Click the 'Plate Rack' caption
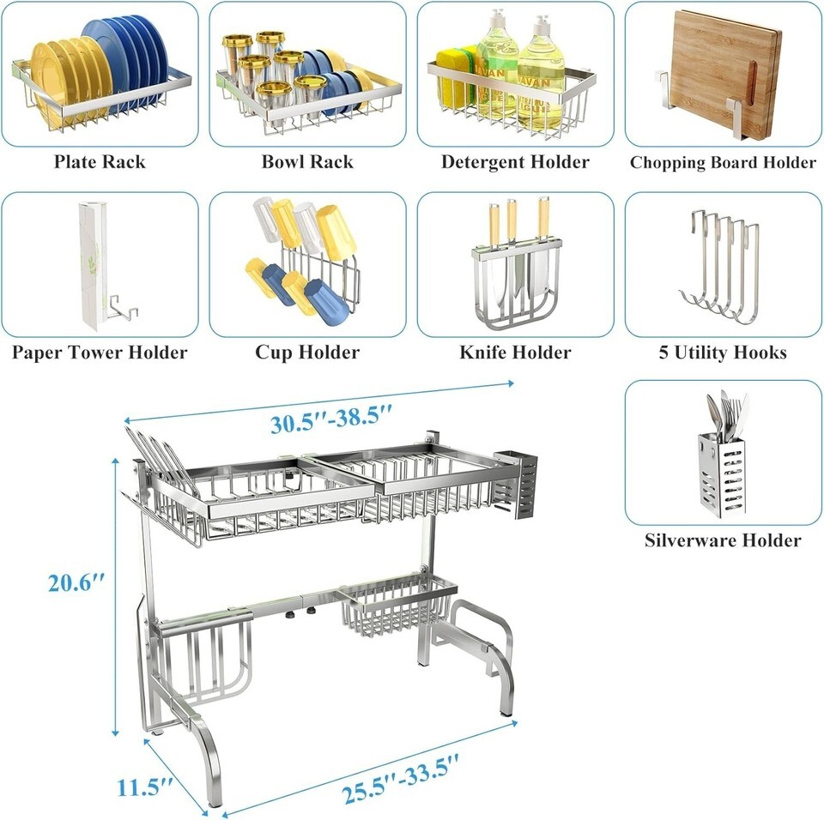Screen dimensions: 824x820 pyautogui.click(x=100, y=162)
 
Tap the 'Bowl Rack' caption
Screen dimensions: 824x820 pyautogui.click(x=307, y=162)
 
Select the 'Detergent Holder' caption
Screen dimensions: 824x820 pyautogui.click(x=515, y=162)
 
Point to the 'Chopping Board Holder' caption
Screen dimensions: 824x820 pyautogui.click(x=723, y=162)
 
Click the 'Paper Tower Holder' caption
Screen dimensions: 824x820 pyautogui.click(x=100, y=352)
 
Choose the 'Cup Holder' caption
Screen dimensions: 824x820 pyautogui.click(x=307, y=352)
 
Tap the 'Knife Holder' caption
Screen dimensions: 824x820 pyautogui.click(x=515, y=352)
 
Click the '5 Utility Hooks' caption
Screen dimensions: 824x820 pyautogui.click(x=723, y=352)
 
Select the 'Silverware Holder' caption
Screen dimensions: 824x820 pyautogui.click(x=723, y=540)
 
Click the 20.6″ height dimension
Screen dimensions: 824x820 pyautogui.click(x=76, y=583)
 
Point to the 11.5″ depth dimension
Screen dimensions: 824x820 pyautogui.click(x=144, y=787)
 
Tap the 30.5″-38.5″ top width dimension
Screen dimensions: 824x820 pyautogui.click(x=331, y=418)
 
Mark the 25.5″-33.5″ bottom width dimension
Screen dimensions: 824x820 pyautogui.click(x=401, y=779)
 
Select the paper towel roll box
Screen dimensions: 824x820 pyautogui.click(x=93, y=266)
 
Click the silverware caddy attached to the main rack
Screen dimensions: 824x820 pyautogui.click(x=517, y=485)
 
